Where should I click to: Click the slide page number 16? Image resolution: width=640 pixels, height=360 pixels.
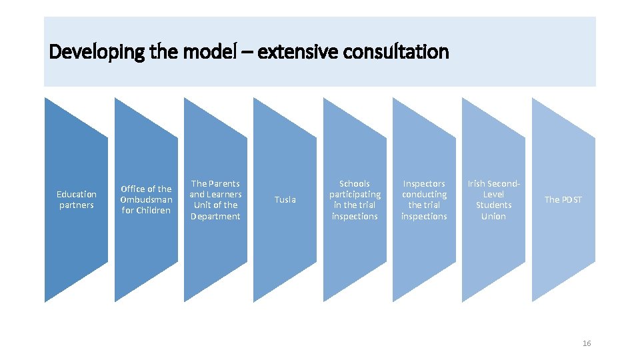click(587, 343)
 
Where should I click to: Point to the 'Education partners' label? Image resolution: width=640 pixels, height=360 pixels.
click(77, 199)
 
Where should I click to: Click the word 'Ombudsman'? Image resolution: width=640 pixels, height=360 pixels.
click(146, 199)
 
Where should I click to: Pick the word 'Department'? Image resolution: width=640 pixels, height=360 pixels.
click(215, 216)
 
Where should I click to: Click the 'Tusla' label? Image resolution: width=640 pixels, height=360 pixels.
click(285, 199)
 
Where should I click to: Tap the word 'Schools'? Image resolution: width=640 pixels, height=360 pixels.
click(355, 183)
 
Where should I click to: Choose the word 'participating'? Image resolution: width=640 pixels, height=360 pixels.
click(355, 194)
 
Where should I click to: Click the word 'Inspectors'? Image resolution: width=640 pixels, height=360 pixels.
click(424, 183)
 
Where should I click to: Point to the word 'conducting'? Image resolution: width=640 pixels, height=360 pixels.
click(424, 194)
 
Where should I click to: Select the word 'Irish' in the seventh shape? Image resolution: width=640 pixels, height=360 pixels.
click(477, 183)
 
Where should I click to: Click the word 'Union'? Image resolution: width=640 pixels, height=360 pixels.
click(493, 216)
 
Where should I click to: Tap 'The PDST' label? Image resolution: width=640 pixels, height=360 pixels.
click(563, 199)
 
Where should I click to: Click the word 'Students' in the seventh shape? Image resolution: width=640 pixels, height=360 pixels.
click(493, 205)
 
